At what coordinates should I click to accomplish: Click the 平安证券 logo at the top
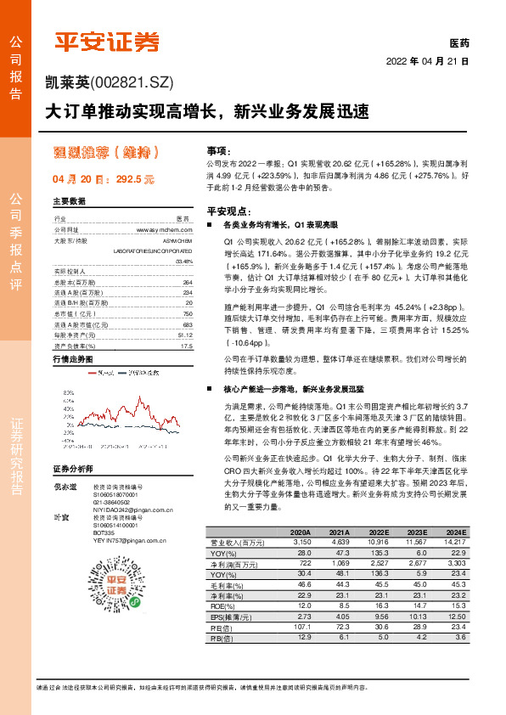pyautogui.click(x=107, y=41)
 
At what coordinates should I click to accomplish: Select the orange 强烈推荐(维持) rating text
pyautogui.click(x=106, y=153)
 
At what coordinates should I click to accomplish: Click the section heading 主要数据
pyautogui.click(x=70, y=201)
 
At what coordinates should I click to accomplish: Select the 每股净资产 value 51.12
pyautogui.click(x=184, y=335)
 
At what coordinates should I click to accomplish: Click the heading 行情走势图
pyautogui.click(x=73, y=360)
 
